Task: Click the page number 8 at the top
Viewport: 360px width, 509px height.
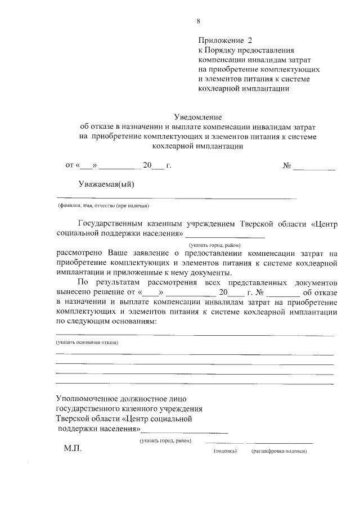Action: (x=198, y=21)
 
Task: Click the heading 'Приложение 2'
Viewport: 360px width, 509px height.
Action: (x=226, y=40)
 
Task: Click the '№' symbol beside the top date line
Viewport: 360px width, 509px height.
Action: (x=286, y=166)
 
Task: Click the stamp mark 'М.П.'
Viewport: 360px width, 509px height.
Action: (x=72, y=449)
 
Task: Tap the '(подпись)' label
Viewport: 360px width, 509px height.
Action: (x=225, y=451)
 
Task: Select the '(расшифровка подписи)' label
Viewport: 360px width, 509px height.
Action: (x=280, y=451)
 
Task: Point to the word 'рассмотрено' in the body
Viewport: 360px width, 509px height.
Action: (x=78, y=253)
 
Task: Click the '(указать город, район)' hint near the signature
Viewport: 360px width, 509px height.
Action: (x=166, y=440)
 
